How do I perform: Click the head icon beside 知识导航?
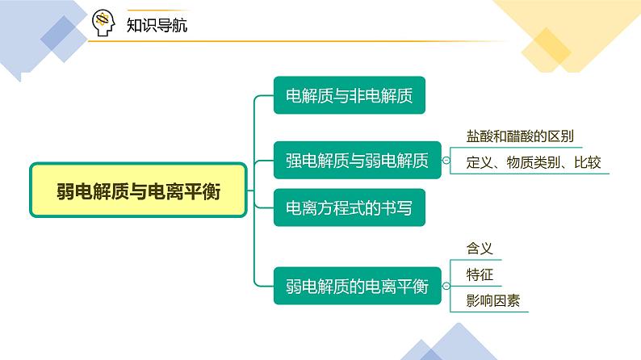coord(103,23)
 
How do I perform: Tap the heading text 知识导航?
coord(157,25)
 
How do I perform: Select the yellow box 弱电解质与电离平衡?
coord(139,190)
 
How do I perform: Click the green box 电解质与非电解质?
coord(350,95)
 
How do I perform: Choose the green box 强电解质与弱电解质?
coord(358,160)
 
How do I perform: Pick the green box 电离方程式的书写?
coord(350,207)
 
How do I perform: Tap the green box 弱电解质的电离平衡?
coord(358,286)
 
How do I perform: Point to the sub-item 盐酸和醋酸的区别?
coord(520,136)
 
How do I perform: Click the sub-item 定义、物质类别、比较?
coord(534,162)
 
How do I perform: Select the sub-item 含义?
coord(480,249)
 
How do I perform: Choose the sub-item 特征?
coord(480,274)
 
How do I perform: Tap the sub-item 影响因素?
coord(493,301)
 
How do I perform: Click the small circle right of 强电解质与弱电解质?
coord(446,161)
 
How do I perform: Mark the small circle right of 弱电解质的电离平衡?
coord(446,286)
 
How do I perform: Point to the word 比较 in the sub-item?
coord(588,162)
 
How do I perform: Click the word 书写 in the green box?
coord(397,208)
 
